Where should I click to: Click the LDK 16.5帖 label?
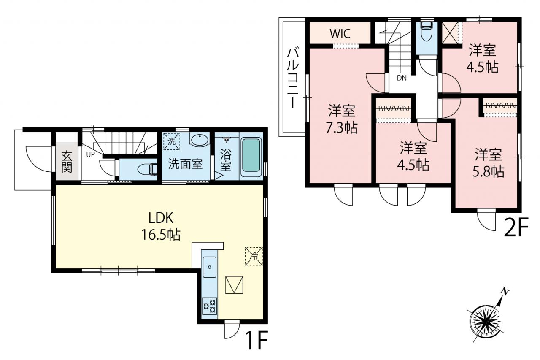click(x=161, y=226)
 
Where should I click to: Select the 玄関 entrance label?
click(x=67, y=162)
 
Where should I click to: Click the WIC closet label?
click(x=340, y=33)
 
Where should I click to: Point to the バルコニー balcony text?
click(x=293, y=78)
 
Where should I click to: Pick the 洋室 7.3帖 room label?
click(x=342, y=119)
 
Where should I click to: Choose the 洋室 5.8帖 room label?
click(x=488, y=163)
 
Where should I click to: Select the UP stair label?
click(x=91, y=155)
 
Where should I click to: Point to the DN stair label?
click(x=402, y=78)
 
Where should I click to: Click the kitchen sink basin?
click(x=210, y=267)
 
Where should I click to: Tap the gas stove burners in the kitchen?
click(x=210, y=306)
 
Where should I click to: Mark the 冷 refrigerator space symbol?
click(x=254, y=256)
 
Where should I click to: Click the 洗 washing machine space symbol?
click(x=171, y=141)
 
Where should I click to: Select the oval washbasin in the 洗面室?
click(x=200, y=140)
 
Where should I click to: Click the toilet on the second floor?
click(x=426, y=32)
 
